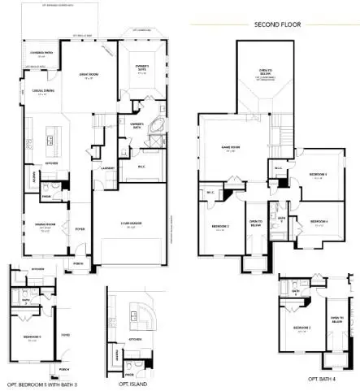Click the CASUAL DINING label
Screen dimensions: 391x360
point(42,93)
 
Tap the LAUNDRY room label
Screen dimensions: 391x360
point(108,167)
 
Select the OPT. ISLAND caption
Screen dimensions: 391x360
point(132,383)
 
